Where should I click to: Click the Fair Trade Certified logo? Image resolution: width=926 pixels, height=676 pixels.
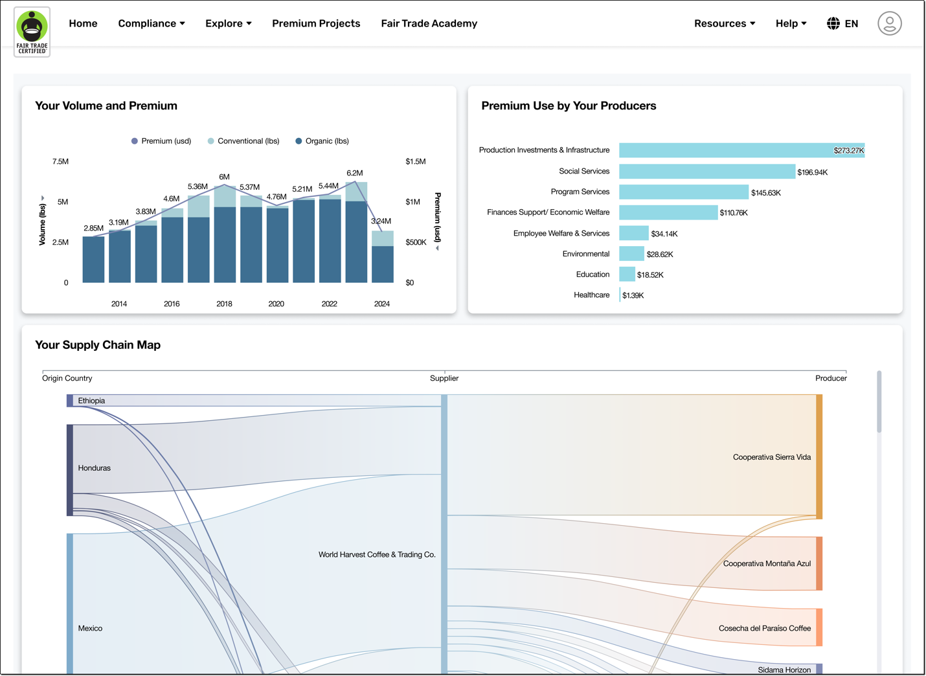point(32,32)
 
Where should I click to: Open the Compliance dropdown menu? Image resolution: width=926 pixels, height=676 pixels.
point(151,23)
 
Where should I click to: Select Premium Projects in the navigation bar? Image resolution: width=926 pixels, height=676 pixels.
point(316,23)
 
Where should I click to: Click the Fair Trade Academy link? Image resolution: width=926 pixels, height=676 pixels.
point(429,23)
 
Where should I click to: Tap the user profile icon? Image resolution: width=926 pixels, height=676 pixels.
point(889,23)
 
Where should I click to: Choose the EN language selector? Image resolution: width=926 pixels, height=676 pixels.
point(842,23)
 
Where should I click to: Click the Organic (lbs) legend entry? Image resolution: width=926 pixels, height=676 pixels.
point(322,141)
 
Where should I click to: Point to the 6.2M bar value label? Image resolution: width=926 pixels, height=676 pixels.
point(355,173)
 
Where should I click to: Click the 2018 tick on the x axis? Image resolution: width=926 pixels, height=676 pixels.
point(224,304)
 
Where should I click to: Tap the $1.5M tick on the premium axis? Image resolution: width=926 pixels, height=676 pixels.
point(415,161)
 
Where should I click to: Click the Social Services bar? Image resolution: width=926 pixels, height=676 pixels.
point(706,172)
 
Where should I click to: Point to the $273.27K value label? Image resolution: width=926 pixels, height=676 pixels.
point(848,151)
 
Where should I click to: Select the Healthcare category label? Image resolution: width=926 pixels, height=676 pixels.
point(591,295)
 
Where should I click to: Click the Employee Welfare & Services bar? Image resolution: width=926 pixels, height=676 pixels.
point(633,233)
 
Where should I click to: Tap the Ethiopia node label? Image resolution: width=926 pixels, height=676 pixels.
point(91,401)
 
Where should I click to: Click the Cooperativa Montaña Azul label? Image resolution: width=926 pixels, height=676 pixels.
point(767,564)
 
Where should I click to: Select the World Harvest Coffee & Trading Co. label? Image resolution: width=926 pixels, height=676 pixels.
point(377,555)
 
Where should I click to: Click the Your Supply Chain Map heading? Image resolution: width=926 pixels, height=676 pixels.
point(98,345)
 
